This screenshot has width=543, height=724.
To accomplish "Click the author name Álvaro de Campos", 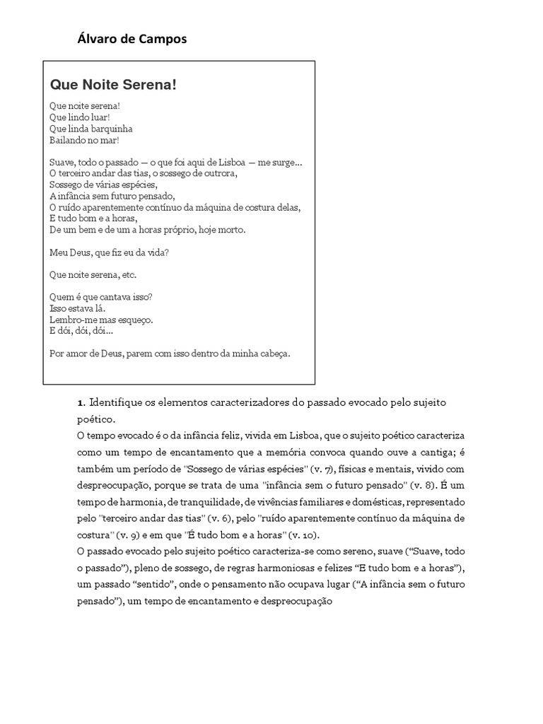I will point(132,40).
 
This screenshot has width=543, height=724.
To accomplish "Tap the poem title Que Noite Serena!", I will point(112,85).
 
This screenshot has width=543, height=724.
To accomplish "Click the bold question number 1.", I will point(81,402).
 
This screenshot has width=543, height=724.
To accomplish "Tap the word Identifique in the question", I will point(118,402).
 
